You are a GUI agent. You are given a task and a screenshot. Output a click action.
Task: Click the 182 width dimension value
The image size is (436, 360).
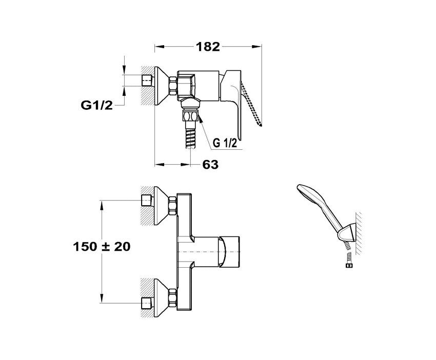[x=208, y=47]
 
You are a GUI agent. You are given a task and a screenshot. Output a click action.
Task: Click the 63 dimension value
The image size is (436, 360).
[x=210, y=165]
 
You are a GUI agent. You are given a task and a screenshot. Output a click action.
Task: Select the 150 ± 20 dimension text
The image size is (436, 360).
[x=102, y=246]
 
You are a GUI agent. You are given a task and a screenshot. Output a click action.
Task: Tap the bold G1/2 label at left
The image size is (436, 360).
[x=97, y=105]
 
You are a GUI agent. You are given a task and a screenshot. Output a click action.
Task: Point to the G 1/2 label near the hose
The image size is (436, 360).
[x=225, y=143]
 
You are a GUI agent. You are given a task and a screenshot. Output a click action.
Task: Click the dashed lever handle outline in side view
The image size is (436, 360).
[x=252, y=104]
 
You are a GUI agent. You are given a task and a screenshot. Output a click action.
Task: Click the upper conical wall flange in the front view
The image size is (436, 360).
[x=161, y=206]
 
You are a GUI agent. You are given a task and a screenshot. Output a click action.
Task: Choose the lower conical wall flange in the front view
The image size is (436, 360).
[x=161, y=298]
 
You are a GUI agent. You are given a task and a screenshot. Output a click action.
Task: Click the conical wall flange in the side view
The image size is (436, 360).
[x=162, y=86]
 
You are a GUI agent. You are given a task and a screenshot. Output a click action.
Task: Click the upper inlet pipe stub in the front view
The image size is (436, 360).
[x=147, y=201]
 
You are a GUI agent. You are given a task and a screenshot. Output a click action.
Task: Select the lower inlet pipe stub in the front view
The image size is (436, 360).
[x=147, y=303]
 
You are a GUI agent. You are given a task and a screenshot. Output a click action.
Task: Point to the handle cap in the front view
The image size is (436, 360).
[x=229, y=251]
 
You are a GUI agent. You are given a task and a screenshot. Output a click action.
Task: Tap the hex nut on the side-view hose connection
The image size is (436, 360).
[x=191, y=116]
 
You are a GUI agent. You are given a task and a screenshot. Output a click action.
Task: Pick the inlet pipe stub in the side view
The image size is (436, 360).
[x=147, y=81]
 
